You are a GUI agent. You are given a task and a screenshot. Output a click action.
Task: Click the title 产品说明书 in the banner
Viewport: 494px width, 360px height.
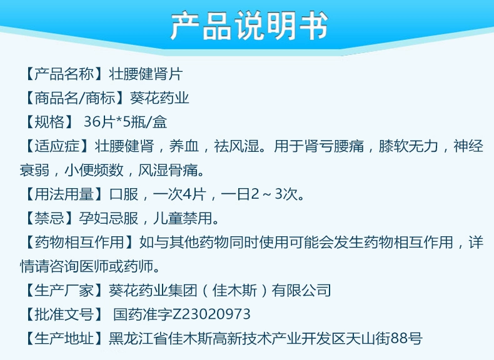[x=249, y=26]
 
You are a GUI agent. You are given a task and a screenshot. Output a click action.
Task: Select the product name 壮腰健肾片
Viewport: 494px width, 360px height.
[x=146, y=74]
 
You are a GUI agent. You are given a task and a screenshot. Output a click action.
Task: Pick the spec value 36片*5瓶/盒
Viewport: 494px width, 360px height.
[x=125, y=122]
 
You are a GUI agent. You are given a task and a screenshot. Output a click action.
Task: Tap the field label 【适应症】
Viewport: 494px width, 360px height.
[x=56, y=146]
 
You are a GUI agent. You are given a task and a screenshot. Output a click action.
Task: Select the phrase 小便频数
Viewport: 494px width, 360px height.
[x=94, y=171]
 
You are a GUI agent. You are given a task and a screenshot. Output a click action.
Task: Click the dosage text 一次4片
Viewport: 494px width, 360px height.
[x=179, y=194]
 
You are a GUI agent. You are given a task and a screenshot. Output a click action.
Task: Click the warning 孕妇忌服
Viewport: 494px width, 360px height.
[x=108, y=218]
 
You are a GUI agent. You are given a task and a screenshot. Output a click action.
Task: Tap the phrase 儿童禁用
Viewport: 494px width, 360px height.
[x=183, y=218]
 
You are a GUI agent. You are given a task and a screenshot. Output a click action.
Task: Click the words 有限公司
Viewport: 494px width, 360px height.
[x=301, y=290]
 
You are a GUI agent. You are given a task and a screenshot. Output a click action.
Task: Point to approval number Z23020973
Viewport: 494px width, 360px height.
[x=212, y=314]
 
